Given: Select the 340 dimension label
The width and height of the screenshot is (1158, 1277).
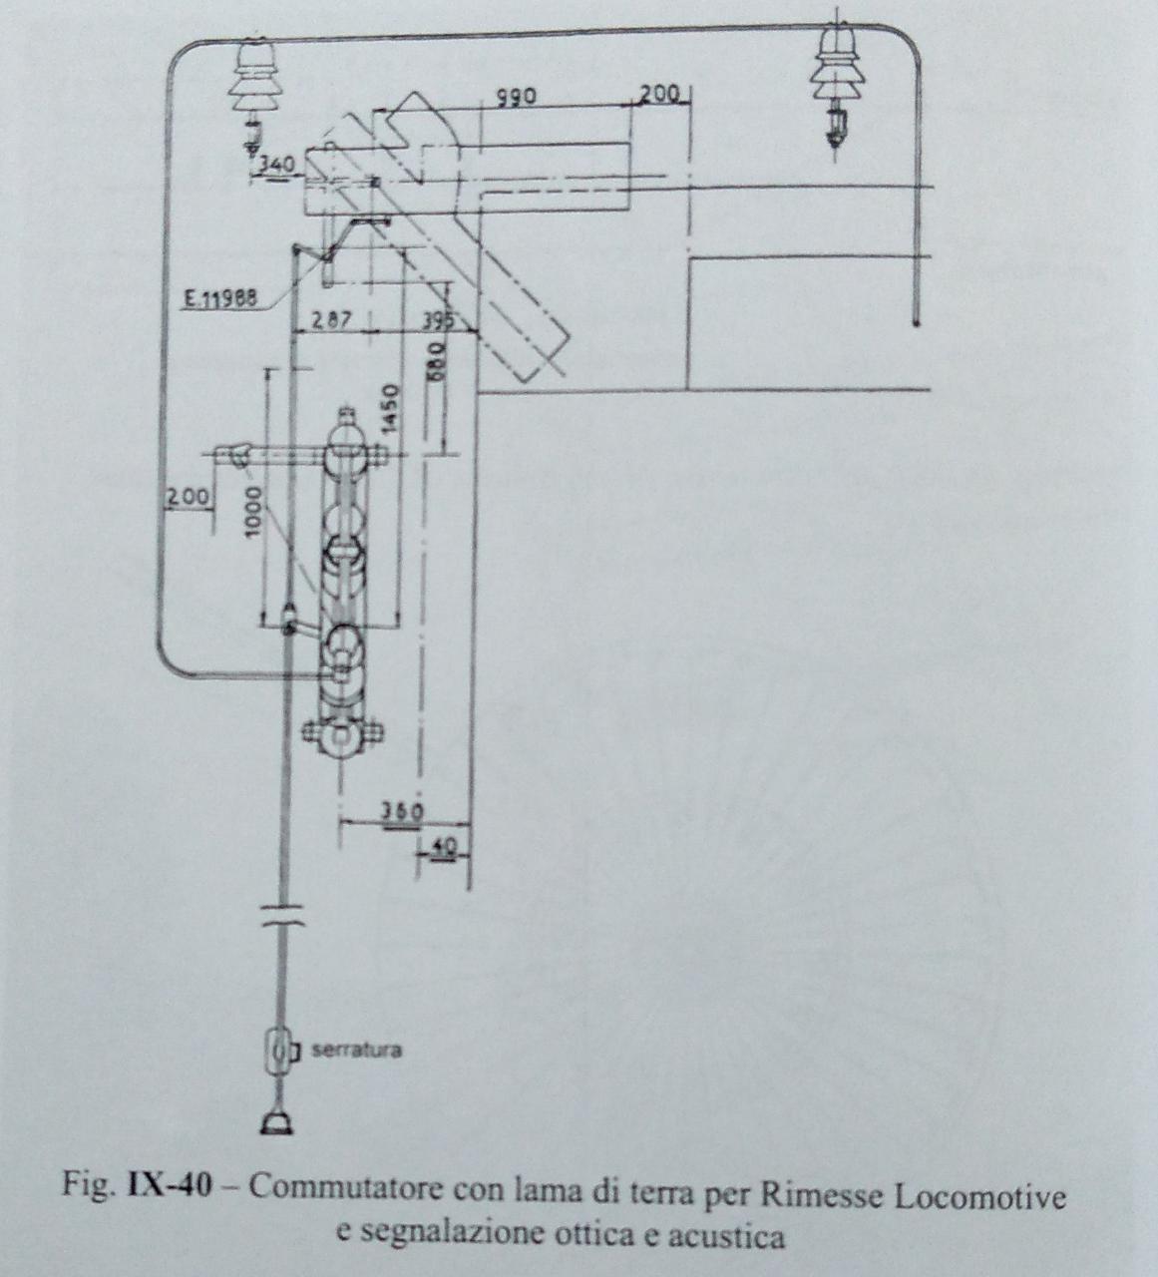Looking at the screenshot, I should [x=275, y=166].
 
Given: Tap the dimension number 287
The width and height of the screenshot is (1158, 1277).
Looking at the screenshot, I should [x=328, y=321].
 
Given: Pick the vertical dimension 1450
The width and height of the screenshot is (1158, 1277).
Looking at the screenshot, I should [x=391, y=409].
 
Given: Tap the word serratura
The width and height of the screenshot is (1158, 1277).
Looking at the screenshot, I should [x=356, y=1051].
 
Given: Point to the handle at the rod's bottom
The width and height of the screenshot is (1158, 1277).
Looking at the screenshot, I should [x=278, y=1124].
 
